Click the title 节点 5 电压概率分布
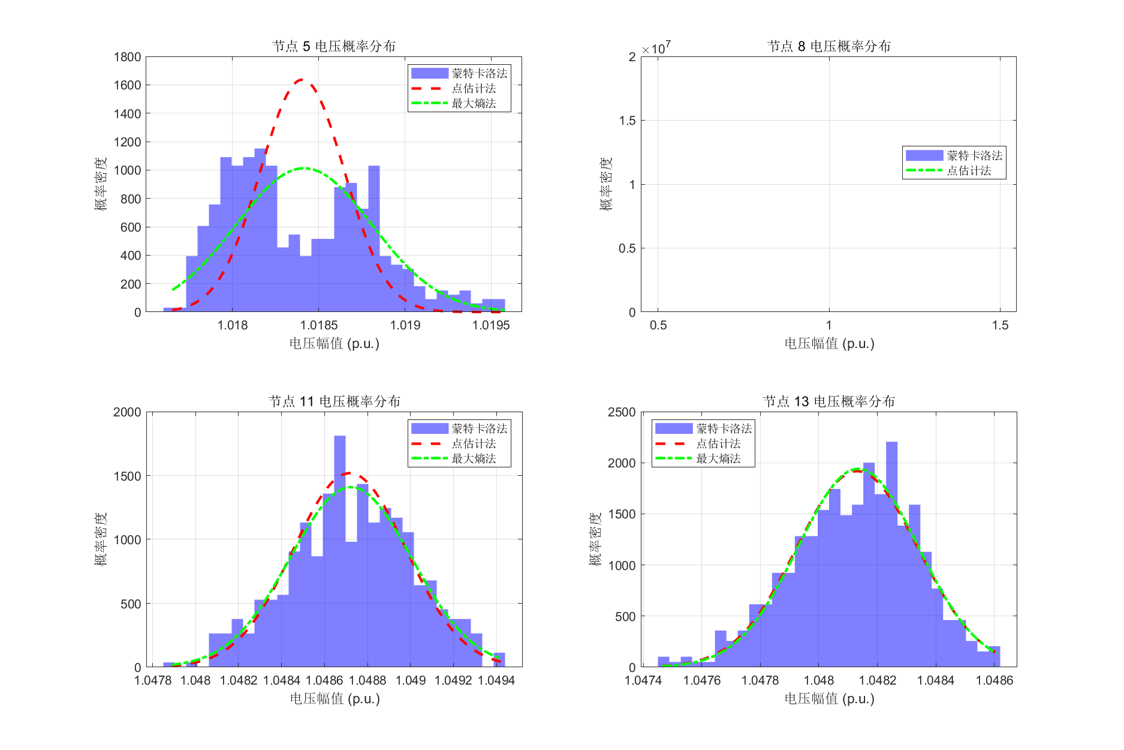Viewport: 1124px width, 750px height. point(334,46)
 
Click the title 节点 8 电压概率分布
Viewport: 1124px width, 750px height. point(829,46)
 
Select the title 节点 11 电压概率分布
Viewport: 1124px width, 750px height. point(334,401)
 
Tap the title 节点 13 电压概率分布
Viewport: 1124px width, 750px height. point(829,401)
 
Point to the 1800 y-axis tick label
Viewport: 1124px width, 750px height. point(127,57)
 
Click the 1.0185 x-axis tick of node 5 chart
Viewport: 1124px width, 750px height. point(319,325)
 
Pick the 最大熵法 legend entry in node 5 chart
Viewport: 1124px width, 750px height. point(474,103)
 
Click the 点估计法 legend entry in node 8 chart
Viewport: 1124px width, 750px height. point(969,170)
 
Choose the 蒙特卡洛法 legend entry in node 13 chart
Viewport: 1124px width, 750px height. point(724,428)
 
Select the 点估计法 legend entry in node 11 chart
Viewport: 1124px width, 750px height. point(474,443)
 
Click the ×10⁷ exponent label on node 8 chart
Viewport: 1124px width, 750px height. point(656,48)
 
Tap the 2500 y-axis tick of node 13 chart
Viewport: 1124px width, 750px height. point(622,412)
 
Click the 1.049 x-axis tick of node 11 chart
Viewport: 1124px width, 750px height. point(411,680)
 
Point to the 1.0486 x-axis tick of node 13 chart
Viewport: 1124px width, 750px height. point(995,680)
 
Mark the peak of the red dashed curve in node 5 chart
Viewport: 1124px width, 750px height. point(301,79)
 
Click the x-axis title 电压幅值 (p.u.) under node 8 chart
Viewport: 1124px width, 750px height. point(829,344)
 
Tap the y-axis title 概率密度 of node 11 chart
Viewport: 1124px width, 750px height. point(101,539)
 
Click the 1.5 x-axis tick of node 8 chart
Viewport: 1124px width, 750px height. point(1000,325)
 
